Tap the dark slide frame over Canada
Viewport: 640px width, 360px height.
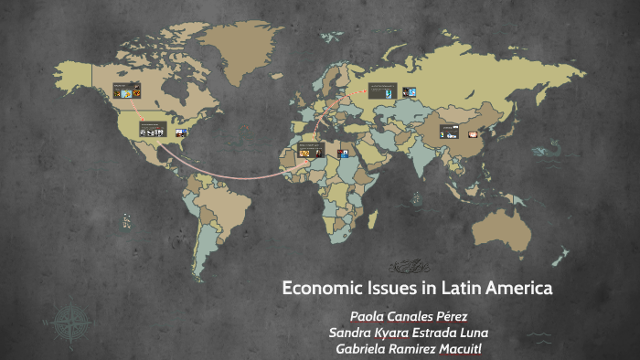point(126,90)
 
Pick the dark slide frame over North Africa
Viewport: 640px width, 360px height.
point(311,149)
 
